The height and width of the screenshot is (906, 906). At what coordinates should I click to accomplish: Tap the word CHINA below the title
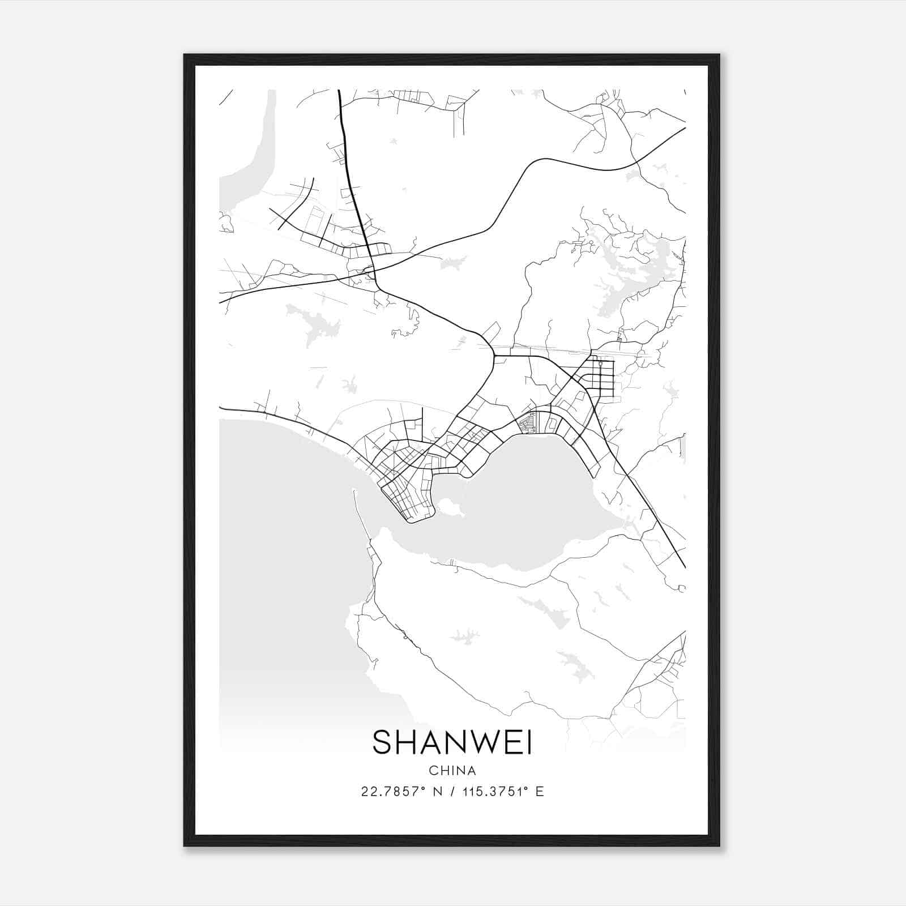click(452, 771)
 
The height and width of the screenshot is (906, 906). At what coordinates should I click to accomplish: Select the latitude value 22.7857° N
click(400, 792)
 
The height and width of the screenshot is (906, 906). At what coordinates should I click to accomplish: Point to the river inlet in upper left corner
click(249, 159)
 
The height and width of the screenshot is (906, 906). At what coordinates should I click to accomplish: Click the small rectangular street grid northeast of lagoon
click(600, 377)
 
